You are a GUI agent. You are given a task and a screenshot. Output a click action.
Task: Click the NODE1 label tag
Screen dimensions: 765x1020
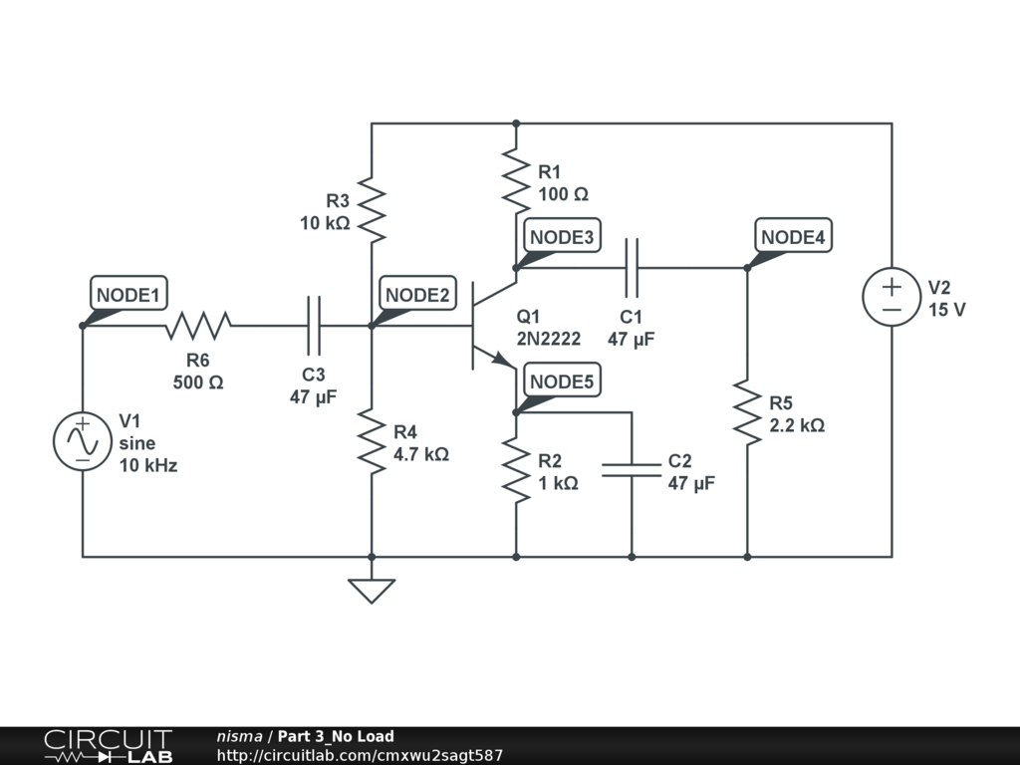pos(128,296)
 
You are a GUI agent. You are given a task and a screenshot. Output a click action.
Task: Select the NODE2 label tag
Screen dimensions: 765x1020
pos(418,295)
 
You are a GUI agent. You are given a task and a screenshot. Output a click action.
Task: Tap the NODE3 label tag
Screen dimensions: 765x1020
pos(562,237)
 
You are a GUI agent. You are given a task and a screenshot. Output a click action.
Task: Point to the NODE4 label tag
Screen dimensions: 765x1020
pos(793,237)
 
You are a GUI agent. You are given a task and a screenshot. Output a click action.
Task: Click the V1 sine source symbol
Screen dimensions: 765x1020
pos(83,440)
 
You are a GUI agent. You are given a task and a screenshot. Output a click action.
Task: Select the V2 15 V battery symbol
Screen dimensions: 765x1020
pos(892,297)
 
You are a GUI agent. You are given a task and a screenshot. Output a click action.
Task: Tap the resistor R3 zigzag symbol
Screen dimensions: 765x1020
pos(372,209)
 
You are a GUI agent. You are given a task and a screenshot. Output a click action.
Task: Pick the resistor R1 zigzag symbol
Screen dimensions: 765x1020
pos(516,180)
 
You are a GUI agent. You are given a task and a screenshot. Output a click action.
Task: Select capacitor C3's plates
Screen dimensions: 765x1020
pos(314,325)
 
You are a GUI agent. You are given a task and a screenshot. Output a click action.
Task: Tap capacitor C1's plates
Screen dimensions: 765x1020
pos(632,267)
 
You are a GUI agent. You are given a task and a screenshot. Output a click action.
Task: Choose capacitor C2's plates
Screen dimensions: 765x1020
pos(632,469)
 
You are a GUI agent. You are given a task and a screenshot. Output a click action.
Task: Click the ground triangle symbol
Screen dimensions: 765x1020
pos(372,591)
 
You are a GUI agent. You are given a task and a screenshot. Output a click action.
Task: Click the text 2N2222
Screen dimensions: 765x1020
pos(548,339)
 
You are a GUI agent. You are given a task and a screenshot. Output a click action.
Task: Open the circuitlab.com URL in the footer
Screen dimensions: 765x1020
pos(360,756)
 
